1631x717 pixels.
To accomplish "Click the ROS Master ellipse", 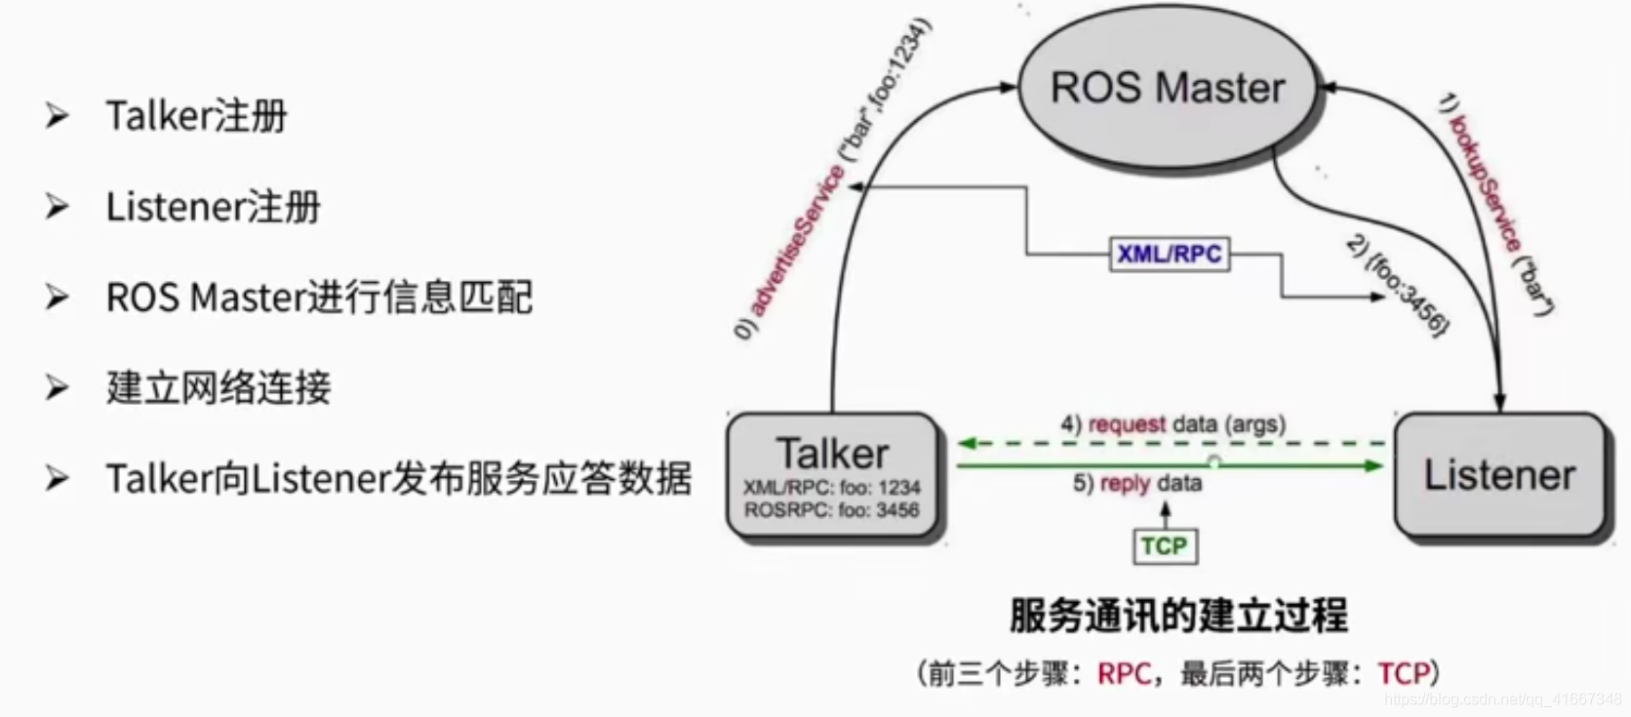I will tap(1167, 89).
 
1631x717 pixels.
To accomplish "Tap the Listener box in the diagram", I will tap(1499, 475).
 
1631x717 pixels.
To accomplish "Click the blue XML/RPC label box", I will tap(1169, 254).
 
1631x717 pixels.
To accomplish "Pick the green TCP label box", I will tap(1164, 546).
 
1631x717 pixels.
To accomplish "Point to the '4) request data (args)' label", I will tap(1173, 424).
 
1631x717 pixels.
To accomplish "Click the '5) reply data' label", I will tap(1136, 483).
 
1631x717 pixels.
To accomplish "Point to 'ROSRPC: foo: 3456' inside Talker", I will tap(831, 509).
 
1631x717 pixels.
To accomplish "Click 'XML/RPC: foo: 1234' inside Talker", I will tap(831, 487).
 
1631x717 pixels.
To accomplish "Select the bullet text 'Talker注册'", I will tap(196, 116).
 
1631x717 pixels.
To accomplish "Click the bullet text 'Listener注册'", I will tap(213, 207).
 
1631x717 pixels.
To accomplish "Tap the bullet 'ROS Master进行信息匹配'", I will tap(319, 298).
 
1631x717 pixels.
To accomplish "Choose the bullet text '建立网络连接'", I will tap(219, 388).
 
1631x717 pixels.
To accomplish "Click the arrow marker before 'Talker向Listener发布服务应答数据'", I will tap(57, 479).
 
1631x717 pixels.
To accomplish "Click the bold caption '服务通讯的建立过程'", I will tap(1177, 616).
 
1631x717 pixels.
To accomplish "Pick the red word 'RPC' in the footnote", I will tap(1124, 673).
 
